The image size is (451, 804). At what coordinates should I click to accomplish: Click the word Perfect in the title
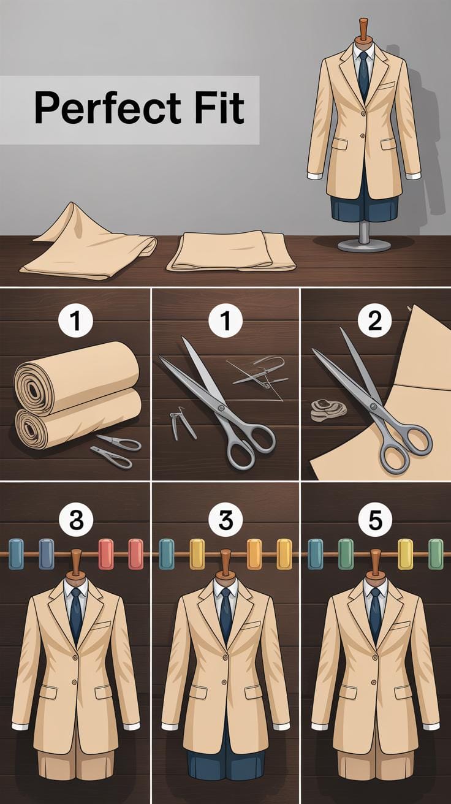pos(108,108)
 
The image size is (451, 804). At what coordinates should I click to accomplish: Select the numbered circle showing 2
pos(375,321)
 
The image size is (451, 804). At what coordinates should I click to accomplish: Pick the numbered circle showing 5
pos(375,520)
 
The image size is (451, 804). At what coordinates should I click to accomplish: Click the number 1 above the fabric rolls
pos(76,321)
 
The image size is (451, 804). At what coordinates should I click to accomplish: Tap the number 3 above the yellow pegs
pos(225,520)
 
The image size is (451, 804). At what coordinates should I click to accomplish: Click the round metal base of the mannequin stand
pos(365,246)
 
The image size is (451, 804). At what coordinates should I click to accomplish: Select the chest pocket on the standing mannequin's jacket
pos(385,86)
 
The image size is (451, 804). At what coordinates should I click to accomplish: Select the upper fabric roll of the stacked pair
pos(76,377)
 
